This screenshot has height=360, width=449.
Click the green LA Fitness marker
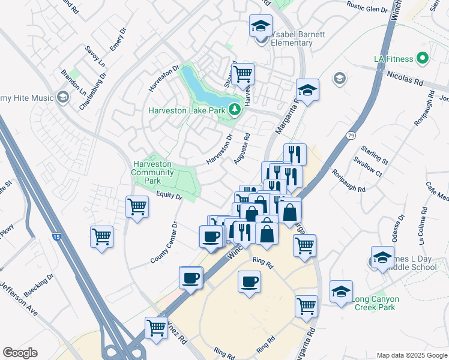[x=423, y=59]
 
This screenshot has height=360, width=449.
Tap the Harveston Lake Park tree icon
[x=235, y=110]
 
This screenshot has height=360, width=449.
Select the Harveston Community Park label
[x=153, y=172]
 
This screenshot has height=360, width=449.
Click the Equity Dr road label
[x=169, y=196]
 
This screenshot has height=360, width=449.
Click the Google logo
[x=20, y=353]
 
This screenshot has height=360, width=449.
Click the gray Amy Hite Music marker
[x=62, y=98]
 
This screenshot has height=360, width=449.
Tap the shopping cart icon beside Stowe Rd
[x=243, y=74]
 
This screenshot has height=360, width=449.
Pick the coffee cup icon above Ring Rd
[x=249, y=280]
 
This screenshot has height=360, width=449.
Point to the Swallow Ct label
[x=367, y=169]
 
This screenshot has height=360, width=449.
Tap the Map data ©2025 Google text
[x=411, y=355]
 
